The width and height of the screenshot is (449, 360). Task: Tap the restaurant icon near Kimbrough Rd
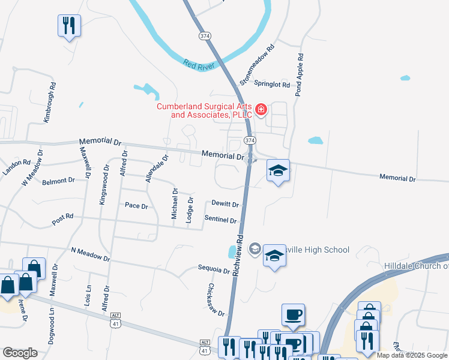[69, 26]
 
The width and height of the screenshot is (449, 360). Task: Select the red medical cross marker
[261, 109]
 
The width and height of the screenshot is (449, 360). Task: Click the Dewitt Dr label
[225, 204]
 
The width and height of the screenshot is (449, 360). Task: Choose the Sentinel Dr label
[220, 220]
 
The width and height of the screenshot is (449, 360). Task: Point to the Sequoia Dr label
[214, 270]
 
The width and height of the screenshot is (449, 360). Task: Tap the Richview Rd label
[238, 254]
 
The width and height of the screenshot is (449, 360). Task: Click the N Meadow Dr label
[91, 254]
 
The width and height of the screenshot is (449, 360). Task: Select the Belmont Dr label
[58, 180]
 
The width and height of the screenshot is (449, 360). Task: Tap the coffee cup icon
[293, 314]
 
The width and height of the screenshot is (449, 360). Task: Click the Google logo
[20, 353]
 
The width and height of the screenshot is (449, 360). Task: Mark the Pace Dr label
[136, 206]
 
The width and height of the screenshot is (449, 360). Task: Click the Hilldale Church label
[416, 266]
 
